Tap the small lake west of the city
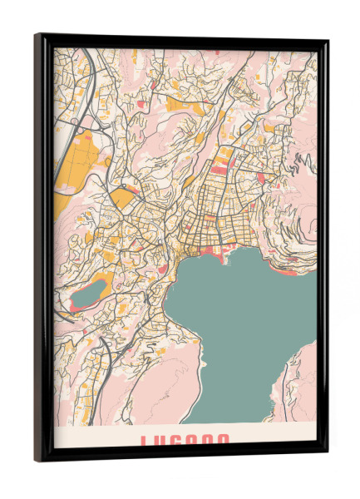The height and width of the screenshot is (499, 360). coord(88,293)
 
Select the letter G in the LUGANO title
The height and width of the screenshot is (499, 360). coord(184,442)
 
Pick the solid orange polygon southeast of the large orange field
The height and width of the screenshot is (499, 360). coord(122,198)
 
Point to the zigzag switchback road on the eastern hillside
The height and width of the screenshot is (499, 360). coord(291,167)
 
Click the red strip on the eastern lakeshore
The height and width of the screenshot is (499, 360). coord(287,270)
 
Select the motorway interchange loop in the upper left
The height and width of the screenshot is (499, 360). coord(76,125)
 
